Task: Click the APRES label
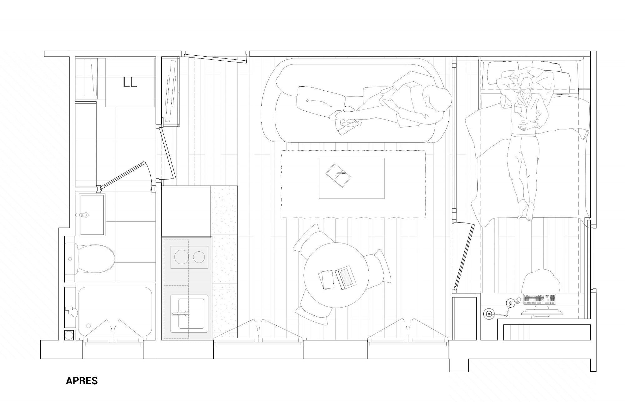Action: coord(82,381)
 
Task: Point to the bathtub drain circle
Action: coord(89,325)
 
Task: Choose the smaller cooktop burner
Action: coord(199,257)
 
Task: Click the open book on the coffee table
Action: coord(338,175)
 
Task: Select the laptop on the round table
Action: coord(346,277)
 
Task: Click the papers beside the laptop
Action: coord(326,279)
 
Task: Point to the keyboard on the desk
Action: coord(540,299)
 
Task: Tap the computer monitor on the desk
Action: coord(542,313)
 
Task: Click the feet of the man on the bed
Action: coord(525,210)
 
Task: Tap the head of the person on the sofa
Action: coord(437,99)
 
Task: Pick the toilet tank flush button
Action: coord(70,259)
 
